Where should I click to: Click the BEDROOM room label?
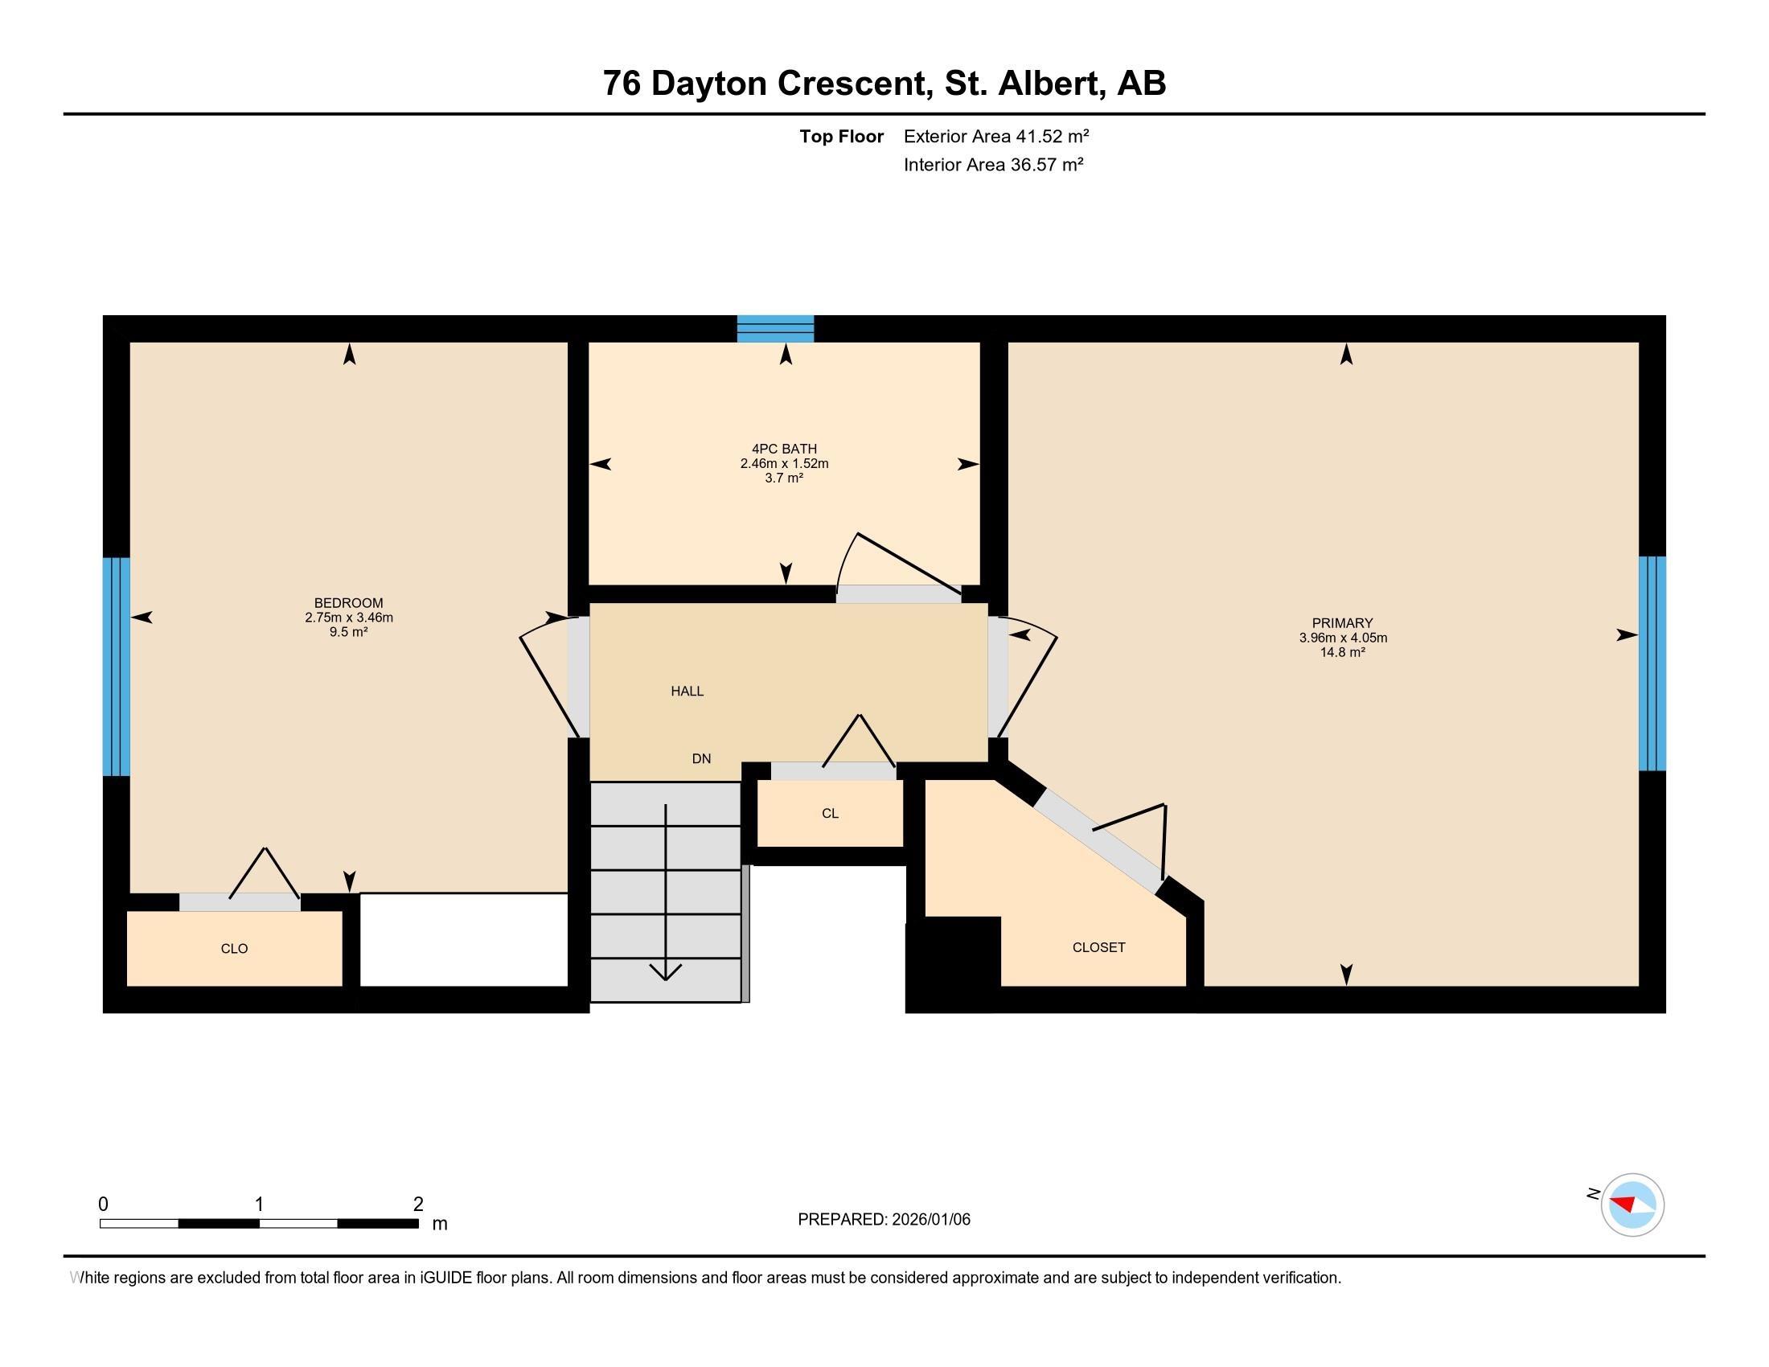348,602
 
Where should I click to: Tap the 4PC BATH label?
784,449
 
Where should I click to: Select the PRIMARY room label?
1342,622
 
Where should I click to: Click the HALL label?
687,691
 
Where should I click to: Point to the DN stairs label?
701,759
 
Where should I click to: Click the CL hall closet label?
830,813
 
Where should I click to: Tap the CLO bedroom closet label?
234,948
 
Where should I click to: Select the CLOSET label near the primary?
1098,946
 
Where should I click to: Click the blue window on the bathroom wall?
775,329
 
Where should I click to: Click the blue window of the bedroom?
116,666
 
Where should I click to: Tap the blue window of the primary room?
1652,663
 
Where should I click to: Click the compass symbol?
1632,1205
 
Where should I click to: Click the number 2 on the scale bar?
418,1205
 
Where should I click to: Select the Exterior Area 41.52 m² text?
996,136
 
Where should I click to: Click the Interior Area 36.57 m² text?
993,164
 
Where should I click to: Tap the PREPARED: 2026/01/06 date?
884,1219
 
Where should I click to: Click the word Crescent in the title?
853,83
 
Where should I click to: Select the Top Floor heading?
841,136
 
